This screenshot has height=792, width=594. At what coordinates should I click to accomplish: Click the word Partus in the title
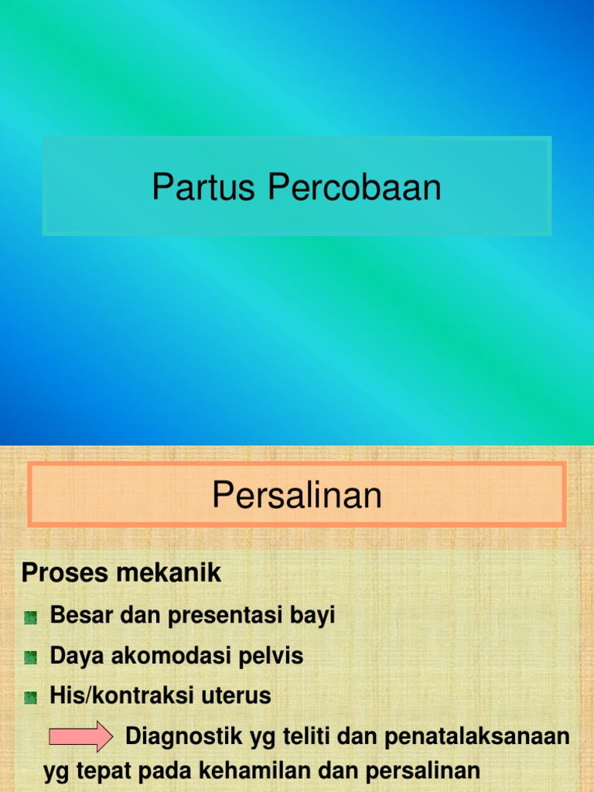coord(203,187)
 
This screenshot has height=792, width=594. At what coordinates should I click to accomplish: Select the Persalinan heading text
coord(297,495)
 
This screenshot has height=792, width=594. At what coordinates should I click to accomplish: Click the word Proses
coord(58,573)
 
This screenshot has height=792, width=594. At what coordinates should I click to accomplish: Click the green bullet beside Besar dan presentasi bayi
coord(31,617)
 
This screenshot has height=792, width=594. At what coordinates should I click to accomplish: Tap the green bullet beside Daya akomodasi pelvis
coord(31,657)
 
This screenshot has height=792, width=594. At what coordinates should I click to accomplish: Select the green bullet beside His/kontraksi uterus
coord(31,698)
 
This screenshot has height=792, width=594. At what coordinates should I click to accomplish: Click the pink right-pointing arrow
coord(80,736)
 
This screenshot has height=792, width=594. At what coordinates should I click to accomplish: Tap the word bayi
coord(312,616)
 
